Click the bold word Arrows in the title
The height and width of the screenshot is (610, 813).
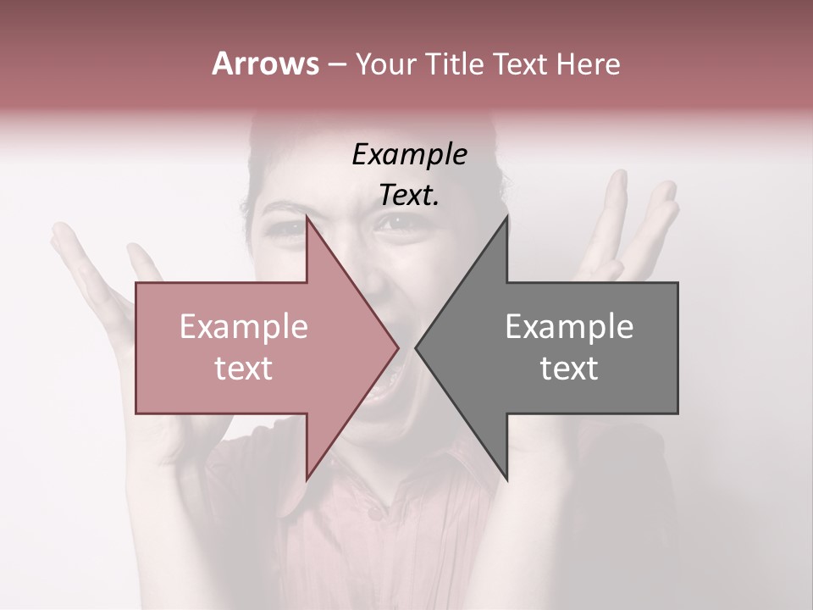click(265, 64)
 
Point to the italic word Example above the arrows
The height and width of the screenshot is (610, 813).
click(409, 155)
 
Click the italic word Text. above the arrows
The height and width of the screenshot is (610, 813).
click(409, 195)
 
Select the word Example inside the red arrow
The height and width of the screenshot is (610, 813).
click(244, 327)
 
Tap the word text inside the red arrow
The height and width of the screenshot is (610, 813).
click(244, 369)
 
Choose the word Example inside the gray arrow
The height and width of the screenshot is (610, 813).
click(569, 327)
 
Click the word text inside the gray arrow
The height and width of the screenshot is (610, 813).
click(569, 369)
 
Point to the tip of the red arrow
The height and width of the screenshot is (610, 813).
click(398, 347)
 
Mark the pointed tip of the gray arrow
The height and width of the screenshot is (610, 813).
click(415, 347)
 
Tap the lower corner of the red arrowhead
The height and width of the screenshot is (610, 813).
click(307, 479)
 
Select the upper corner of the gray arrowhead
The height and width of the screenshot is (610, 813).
click(506, 217)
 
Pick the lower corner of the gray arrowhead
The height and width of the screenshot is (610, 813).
click(506, 479)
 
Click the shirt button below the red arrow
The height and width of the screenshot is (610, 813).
click(373, 513)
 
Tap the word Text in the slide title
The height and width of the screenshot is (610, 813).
click(519, 64)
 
